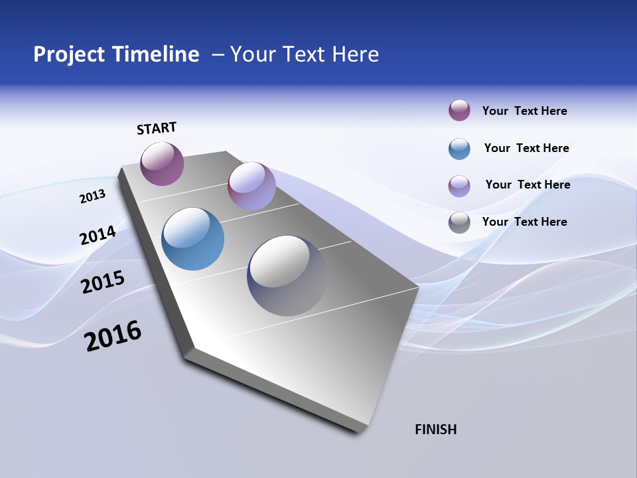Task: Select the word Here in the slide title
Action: (355, 54)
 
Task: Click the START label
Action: (157, 128)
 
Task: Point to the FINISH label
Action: (435, 430)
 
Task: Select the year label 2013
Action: (92, 197)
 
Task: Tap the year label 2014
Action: (98, 236)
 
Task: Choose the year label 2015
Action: (102, 282)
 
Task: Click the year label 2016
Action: (113, 336)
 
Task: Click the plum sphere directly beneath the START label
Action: (162, 164)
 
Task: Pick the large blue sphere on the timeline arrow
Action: (192, 239)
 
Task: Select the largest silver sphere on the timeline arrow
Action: (287, 276)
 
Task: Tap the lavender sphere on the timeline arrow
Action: (251, 186)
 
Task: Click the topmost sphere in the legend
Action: (459, 111)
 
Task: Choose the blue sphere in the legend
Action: (459, 149)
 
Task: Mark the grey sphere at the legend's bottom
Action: (459, 222)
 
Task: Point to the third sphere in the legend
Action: (459, 186)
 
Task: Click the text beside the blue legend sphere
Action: (526, 148)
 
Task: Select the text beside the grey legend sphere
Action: (524, 222)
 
